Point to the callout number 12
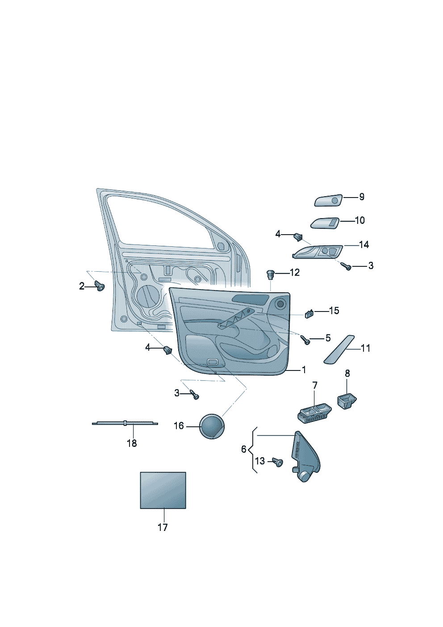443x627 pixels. tap(294, 272)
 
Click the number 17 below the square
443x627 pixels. tap(163, 527)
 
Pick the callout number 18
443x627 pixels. tap(132, 443)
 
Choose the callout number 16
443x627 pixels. tap(179, 426)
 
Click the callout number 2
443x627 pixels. tap(82, 286)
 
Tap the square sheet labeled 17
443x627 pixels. tap(163, 490)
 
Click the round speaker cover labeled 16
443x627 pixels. tap(212, 426)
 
